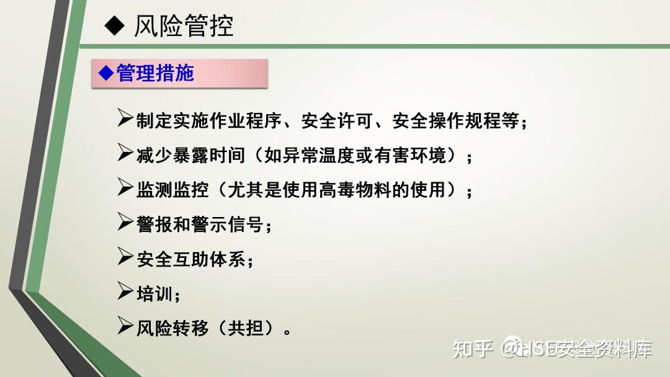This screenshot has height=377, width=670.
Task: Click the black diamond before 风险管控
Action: point(115,25)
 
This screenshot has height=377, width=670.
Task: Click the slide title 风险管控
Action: point(184,26)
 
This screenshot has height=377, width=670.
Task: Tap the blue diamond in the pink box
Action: point(107,73)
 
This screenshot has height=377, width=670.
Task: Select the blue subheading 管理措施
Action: point(155,73)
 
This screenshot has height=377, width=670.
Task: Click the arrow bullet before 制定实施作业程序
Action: point(125,118)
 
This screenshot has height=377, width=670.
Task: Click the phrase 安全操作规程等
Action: point(456,121)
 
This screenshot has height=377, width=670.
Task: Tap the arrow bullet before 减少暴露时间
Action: point(125,153)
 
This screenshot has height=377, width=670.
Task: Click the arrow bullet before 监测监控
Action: point(125,187)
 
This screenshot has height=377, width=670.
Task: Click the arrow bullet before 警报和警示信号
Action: point(125,221)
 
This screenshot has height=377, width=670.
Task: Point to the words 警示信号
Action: point(227,224)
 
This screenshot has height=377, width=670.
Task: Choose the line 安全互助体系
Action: point(191,259)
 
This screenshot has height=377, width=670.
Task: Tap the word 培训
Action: point(154,294)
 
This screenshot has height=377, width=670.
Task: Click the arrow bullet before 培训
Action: point(125,291)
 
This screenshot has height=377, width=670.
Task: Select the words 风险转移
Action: point(172,329)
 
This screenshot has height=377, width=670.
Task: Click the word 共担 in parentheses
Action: point(246,329)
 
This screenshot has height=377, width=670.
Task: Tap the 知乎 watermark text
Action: point(473,349)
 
